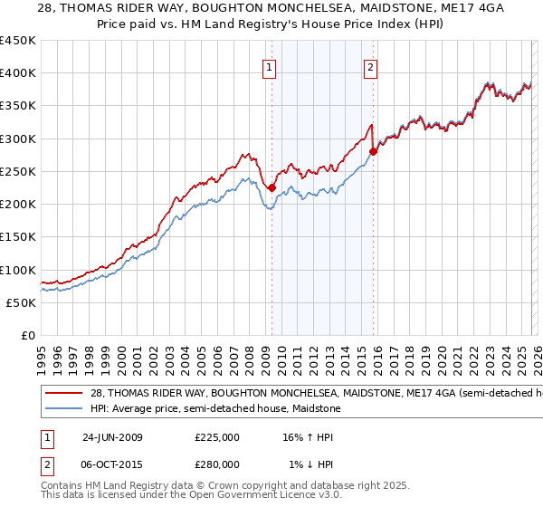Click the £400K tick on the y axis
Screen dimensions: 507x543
17,73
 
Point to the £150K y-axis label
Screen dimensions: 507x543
17,237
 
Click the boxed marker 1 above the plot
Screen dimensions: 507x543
271,66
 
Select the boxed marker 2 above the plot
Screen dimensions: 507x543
372,66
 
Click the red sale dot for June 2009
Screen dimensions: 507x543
271,188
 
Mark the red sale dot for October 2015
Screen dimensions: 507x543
373,152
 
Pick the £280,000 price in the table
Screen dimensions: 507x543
217,464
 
